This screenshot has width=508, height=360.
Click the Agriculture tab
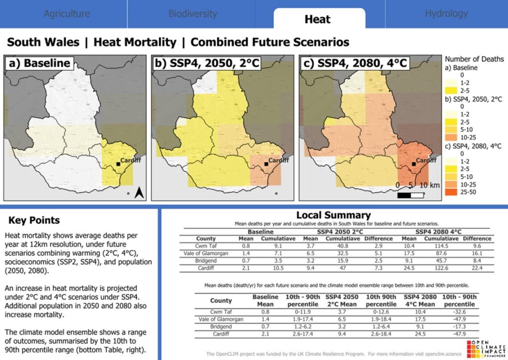(66, 14)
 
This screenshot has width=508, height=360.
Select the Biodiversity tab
(192, 14)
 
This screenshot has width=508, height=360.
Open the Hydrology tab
(446, 14)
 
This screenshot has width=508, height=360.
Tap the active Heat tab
(317, 19)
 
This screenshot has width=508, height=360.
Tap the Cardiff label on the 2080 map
(426, 161)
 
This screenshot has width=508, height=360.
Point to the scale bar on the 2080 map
(411, 194)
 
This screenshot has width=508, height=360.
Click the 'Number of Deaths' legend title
(474, 59)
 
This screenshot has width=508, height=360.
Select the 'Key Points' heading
(34, 221)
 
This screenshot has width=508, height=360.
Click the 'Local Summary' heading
(333, 215)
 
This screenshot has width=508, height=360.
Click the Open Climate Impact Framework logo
(484, 348)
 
